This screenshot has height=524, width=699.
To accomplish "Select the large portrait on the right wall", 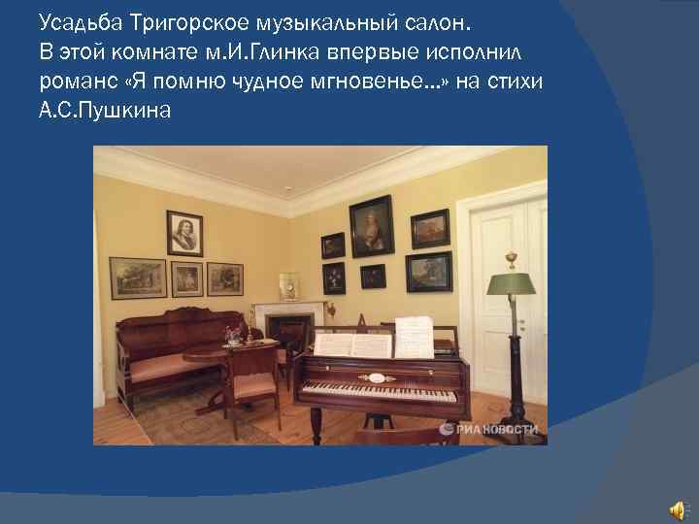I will [x=371, y=226].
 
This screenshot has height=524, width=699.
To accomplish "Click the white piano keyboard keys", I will [x=379, y=395].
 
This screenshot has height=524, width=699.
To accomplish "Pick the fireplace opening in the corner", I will [x=288, y=335].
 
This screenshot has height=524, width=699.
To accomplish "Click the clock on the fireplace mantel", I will [x=288, y=287].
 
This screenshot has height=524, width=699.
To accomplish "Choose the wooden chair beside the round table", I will [x=253, y=383].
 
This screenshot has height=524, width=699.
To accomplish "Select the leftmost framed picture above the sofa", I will [x=137, y=278].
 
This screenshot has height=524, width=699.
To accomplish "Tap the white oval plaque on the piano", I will [x=376, y=377].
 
